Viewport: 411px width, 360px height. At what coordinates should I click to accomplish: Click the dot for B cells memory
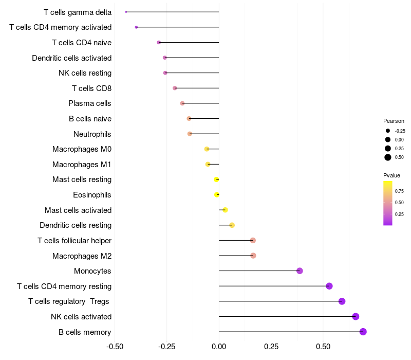363,332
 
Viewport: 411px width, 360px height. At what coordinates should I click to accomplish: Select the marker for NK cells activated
356,317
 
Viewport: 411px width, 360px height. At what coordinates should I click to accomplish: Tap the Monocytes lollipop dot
300,271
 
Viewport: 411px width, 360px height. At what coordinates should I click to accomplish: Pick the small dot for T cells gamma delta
126,12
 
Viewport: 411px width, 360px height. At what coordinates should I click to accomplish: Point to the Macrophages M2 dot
253,256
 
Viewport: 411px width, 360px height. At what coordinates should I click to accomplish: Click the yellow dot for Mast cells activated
225,210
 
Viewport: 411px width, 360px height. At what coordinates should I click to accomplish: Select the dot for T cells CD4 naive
159,42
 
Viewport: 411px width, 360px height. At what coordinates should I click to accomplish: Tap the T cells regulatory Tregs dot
342,301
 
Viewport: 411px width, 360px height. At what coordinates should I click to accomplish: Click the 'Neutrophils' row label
92,134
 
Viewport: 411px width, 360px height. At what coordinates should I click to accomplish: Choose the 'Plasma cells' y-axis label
90,103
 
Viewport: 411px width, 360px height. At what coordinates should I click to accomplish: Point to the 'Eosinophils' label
92,195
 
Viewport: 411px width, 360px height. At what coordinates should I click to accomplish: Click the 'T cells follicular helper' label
74,241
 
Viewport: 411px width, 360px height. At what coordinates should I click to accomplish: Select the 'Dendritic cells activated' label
72,58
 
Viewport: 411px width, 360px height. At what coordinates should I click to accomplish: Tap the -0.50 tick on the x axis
115,347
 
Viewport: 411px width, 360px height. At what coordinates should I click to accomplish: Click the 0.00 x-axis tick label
219,347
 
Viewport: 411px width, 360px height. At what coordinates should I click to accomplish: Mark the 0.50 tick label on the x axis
323,347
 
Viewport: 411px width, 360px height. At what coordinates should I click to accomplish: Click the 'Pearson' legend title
394,121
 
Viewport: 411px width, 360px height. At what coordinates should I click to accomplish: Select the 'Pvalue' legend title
392,175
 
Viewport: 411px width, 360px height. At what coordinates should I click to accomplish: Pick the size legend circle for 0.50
388,157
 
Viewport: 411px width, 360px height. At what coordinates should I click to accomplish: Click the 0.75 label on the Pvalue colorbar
399,191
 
